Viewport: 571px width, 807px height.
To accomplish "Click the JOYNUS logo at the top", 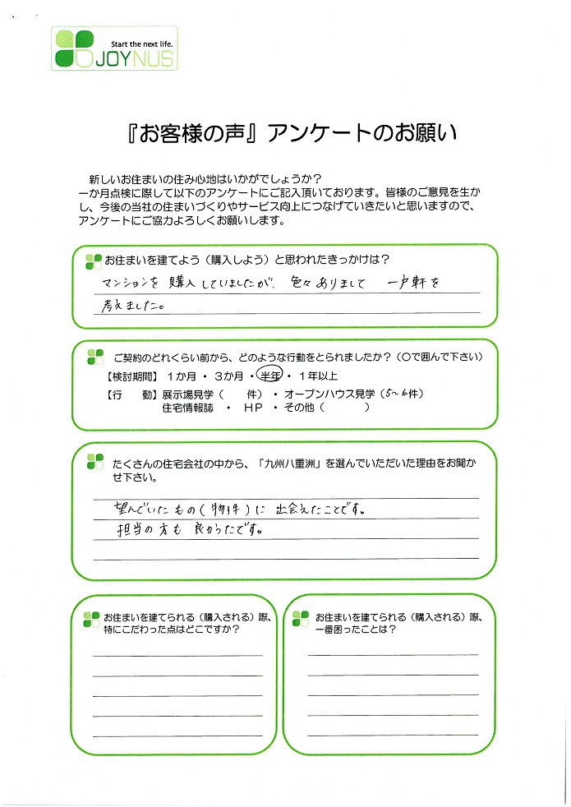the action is pos(114,48).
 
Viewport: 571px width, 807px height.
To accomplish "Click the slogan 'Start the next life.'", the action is pos(142,44).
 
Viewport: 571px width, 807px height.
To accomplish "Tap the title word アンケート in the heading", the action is pos(319,133).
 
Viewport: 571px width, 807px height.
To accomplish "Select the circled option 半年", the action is pos(269,376).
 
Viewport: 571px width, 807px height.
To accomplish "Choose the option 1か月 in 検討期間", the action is pos(182,376).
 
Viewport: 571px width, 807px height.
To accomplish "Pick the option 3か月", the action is pos(229,376).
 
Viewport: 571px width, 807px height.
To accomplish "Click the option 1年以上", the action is pos(319,376).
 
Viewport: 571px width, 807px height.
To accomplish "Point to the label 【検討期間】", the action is pos(132,376).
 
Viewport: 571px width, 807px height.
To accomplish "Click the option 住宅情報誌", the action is pos(188,408).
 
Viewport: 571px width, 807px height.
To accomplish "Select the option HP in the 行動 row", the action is pos(253,408).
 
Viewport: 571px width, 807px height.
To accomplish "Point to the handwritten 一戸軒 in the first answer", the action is pos(407,283).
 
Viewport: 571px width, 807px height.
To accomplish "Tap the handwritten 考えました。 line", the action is pos(133,306).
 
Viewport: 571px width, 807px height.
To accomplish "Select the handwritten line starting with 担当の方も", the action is pos(190,529).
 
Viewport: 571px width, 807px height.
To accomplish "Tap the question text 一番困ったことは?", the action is pos(356,629).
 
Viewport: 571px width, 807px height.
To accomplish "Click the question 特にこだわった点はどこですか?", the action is pos(172,629).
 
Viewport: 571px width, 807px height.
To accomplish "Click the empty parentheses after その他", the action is pos(344,408).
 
